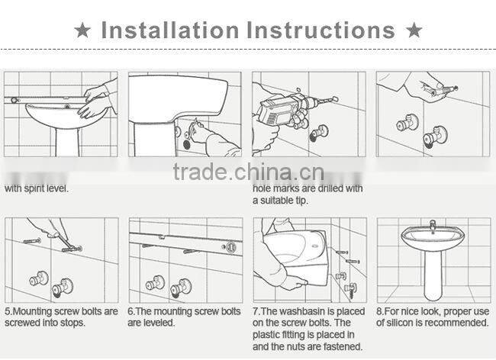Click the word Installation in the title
[x=169, y=31]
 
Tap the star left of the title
[x=82, y=31]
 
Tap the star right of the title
[x=414, y=31]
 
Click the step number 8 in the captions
[x=380, y=311]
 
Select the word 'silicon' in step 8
[x=401, y=323]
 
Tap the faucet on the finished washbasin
[x=432, y=225]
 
